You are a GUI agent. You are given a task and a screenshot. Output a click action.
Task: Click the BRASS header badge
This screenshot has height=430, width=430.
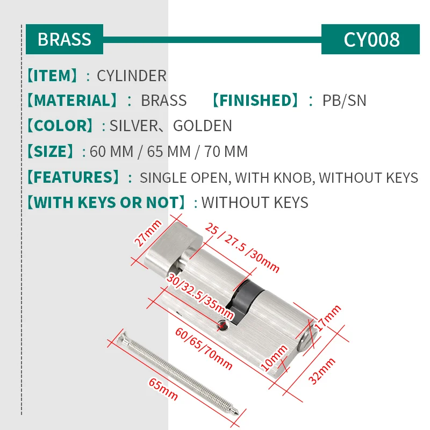click(64, 39)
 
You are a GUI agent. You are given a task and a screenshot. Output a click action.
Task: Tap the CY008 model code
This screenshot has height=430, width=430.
click(371, 39)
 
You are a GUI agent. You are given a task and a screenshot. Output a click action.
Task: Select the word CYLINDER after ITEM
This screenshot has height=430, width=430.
click(132, 76)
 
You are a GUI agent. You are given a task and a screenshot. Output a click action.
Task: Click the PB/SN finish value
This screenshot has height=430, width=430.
click(344, 101)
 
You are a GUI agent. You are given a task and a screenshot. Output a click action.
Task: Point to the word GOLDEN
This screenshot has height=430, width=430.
click(202, 126)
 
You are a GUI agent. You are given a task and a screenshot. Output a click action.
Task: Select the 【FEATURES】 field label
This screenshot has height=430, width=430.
click(73, 177)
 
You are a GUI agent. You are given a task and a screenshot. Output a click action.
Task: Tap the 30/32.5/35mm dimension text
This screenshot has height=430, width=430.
click(200, 297)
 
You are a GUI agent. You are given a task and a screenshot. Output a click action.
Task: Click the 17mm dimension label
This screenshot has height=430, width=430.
click(329, 318)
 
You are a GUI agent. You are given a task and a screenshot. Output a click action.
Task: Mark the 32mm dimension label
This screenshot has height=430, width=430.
click(324, 371)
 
